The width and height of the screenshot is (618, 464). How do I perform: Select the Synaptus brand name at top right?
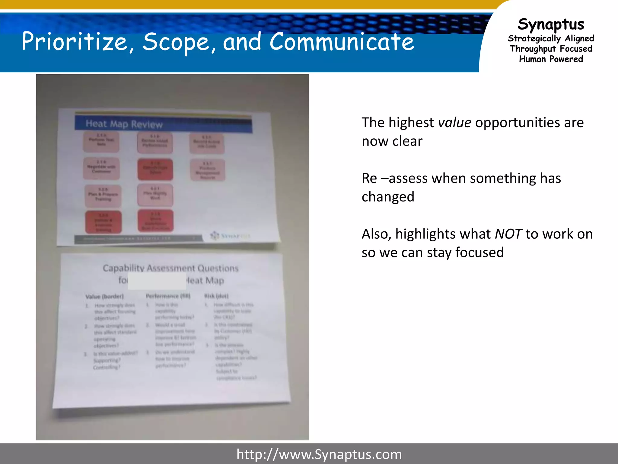[551, 24]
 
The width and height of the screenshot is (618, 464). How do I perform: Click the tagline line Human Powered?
[551, 59]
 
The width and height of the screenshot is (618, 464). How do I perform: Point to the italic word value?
[454, 123]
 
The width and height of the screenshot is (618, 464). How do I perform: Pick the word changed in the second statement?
[388, 197]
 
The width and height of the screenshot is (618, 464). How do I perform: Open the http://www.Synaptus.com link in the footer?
[319, 454]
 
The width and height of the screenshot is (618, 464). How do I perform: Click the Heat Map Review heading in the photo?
[124, 124]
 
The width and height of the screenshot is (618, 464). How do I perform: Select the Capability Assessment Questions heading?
[170, 268]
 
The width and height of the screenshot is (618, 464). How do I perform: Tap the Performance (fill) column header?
[168, 296]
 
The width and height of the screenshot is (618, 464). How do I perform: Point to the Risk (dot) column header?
[216, 296]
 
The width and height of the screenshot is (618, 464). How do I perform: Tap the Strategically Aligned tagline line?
[551, 38]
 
